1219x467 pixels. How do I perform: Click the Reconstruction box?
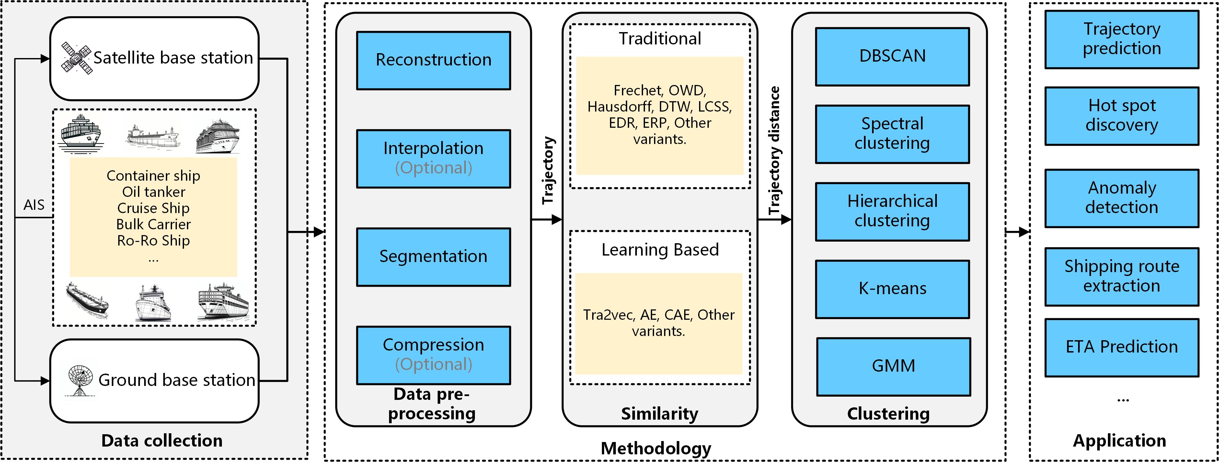433,60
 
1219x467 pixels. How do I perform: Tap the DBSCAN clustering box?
892,56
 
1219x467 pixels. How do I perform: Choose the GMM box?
893,366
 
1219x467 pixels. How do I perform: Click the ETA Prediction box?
1121,347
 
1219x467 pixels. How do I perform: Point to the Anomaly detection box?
1121,198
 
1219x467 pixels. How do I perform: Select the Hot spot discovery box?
1121,115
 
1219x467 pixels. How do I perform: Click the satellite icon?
77,58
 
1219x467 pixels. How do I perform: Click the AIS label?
34,205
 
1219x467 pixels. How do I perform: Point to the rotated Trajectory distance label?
774,150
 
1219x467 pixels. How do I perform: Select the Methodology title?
656,449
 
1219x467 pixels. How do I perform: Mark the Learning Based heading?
660,250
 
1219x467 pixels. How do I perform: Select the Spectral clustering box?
892,134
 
